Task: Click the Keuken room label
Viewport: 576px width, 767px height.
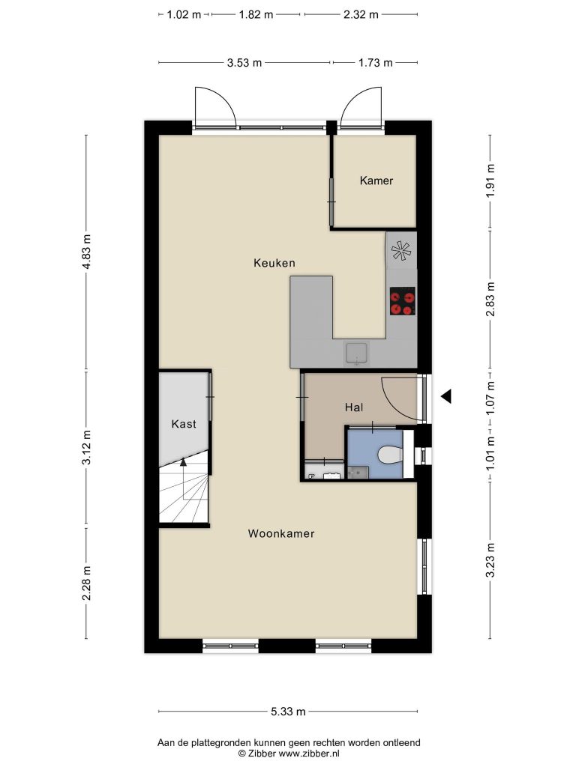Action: pos(274,263)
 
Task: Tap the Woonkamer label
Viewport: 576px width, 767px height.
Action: pos(281,533)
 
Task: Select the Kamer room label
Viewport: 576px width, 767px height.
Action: pos(376,181)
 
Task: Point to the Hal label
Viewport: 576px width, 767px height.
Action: pos(354,407)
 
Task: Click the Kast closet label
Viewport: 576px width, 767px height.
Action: pos(184,424)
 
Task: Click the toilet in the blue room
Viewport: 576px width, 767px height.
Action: pos(390,455)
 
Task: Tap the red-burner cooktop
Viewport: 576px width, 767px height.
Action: pos(403,301)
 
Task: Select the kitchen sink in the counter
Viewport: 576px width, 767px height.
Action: pos(356,354)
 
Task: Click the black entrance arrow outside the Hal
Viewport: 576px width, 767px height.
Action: pos(445,396)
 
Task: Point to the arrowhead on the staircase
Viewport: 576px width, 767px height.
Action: pos(183,461)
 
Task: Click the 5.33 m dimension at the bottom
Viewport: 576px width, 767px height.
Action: pos(288,712)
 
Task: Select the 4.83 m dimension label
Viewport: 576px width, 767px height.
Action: pos(87,252)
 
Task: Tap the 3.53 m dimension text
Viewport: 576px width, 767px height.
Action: pos(244,63)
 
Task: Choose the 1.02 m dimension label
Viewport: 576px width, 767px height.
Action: pos(184,15)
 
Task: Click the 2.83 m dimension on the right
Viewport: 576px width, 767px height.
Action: pos(490,298)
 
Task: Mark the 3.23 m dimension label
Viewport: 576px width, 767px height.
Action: pos(490,560)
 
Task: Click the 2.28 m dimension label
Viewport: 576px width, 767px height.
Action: pos(87,583)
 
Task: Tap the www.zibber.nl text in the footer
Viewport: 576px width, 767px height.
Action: pos(308,754)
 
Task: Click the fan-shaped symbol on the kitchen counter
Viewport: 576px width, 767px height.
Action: pos(401,251)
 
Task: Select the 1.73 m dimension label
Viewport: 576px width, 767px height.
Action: pos(375,63)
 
